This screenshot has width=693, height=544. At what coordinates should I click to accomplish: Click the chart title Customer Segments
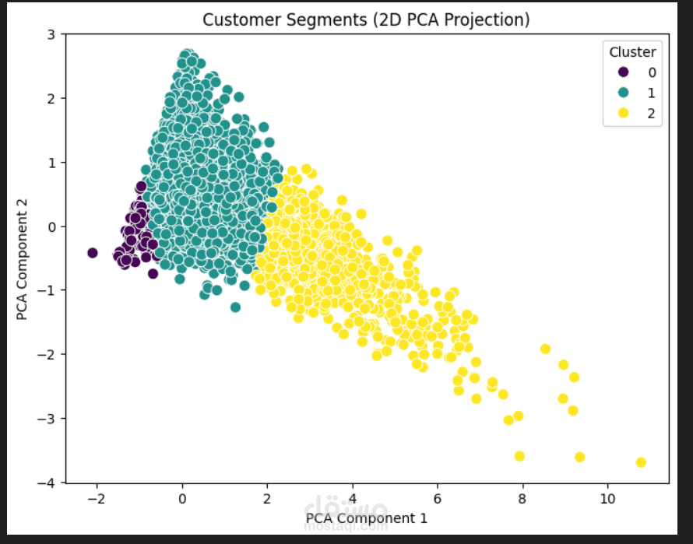tap(366, 19)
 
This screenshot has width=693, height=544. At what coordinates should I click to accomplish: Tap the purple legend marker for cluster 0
tap(623, 72)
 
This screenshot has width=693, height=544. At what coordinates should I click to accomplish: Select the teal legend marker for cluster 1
tap(623, 93)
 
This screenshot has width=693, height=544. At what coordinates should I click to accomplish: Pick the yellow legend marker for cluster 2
tap(623, 114)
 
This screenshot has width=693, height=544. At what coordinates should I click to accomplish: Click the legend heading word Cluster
tap(632, 53)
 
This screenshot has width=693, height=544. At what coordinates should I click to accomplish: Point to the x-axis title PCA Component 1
tap(367, 518)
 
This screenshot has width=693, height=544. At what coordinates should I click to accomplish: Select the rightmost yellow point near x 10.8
tap(641, 462)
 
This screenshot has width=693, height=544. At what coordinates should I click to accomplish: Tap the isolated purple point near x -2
tap(92, 253)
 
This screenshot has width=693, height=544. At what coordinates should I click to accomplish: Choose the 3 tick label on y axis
tap(50, 35)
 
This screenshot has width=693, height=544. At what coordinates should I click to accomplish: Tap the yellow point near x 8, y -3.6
tap(519, 456)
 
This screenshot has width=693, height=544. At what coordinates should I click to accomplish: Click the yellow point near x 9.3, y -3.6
tap(579, 457)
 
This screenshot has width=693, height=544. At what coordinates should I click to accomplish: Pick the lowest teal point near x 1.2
tap(235, 307)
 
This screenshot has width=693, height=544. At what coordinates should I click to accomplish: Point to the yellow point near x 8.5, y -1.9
tap(545, 349)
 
